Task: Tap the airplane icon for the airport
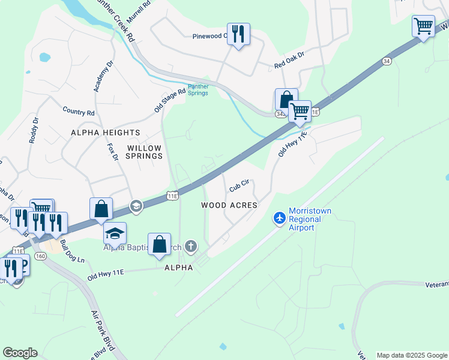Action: tap(279, 218)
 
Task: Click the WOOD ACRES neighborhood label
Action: tap(229, 205)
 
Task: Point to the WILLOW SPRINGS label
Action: tap(145, 152)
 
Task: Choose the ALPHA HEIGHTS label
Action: tap(106, 133)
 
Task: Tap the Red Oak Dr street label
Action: tap(289, 58)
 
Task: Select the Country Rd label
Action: tap(79, 112)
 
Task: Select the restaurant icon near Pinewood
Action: tap(238, 34)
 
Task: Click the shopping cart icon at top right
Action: tap(423, 26)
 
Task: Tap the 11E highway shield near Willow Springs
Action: tap(172, 196)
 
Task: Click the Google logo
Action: tap(20, 353)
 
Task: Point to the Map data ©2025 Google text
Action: tap(411, 355)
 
